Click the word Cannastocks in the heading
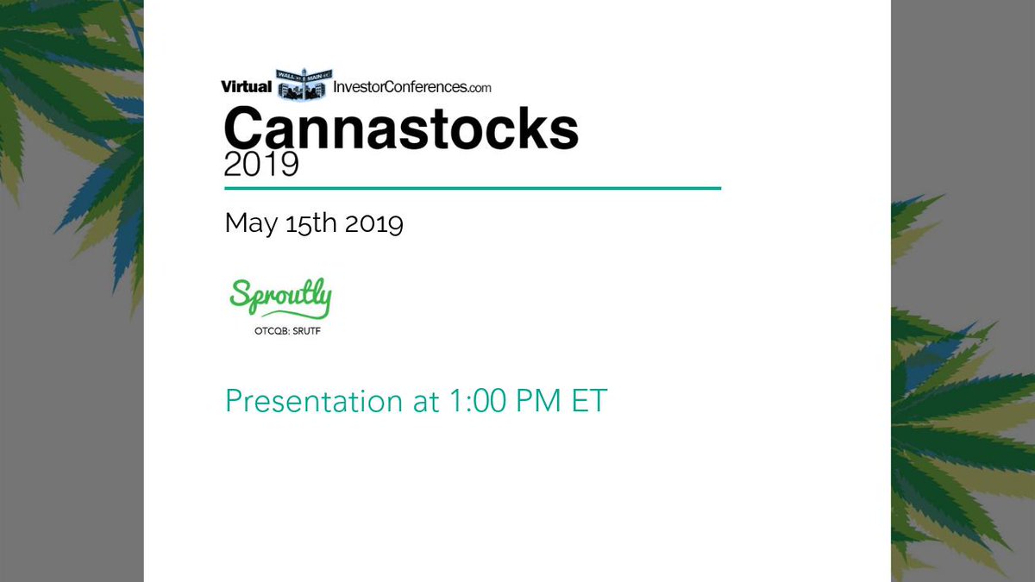[x=401, y=128]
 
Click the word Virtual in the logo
[x=247, y=86]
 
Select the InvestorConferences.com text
[x=405, y=87]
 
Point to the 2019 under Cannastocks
[x=260, y=163]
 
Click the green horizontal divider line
[x=472, y=188]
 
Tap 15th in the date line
[x=305, y=223]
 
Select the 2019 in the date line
[x=373, y=223]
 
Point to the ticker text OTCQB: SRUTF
[x=279, y=329]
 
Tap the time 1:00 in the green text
[x=474, y=401]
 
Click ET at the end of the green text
[x=589, y=401]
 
